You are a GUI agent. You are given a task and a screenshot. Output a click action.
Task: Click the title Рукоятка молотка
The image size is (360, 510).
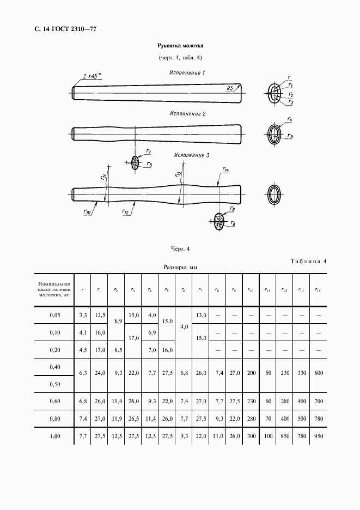(x=180, y=46)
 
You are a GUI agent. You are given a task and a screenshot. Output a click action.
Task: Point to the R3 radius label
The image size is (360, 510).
(x=231, y=88)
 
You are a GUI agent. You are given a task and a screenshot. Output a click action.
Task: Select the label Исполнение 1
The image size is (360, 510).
(x=186, y=72)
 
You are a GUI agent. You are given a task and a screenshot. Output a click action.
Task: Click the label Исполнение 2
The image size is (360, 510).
(x=187, y=114)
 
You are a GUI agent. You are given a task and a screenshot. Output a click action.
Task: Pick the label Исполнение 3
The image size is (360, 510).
(x=192, y=155)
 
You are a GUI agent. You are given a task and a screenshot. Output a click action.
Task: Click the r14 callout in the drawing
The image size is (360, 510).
(x=224, y=169)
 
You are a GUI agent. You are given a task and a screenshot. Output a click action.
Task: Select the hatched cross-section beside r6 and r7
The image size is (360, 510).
(x=135, y=162)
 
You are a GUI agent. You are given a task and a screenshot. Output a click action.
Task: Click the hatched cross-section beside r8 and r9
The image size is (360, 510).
(x=219, y=221)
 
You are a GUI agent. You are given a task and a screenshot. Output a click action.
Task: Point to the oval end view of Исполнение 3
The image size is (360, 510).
(x=274, y=194)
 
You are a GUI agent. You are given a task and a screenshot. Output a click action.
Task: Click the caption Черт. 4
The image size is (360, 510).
(x=180, y=249)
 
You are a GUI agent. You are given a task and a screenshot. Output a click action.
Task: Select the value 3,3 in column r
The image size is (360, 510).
(x=83, y=315)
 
